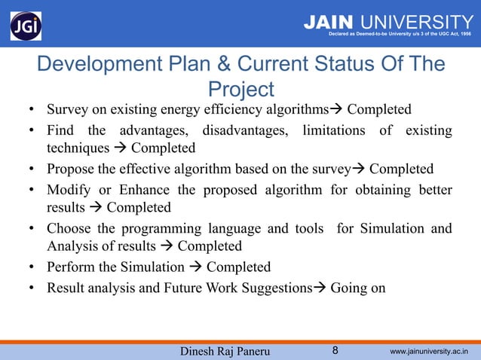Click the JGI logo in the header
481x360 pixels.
click(26, 26)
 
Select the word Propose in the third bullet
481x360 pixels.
click(70, 168)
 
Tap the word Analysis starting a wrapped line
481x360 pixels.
click(72, 247)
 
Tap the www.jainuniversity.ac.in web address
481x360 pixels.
click(429, 351)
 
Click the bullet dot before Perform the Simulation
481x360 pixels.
click(33, 267)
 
